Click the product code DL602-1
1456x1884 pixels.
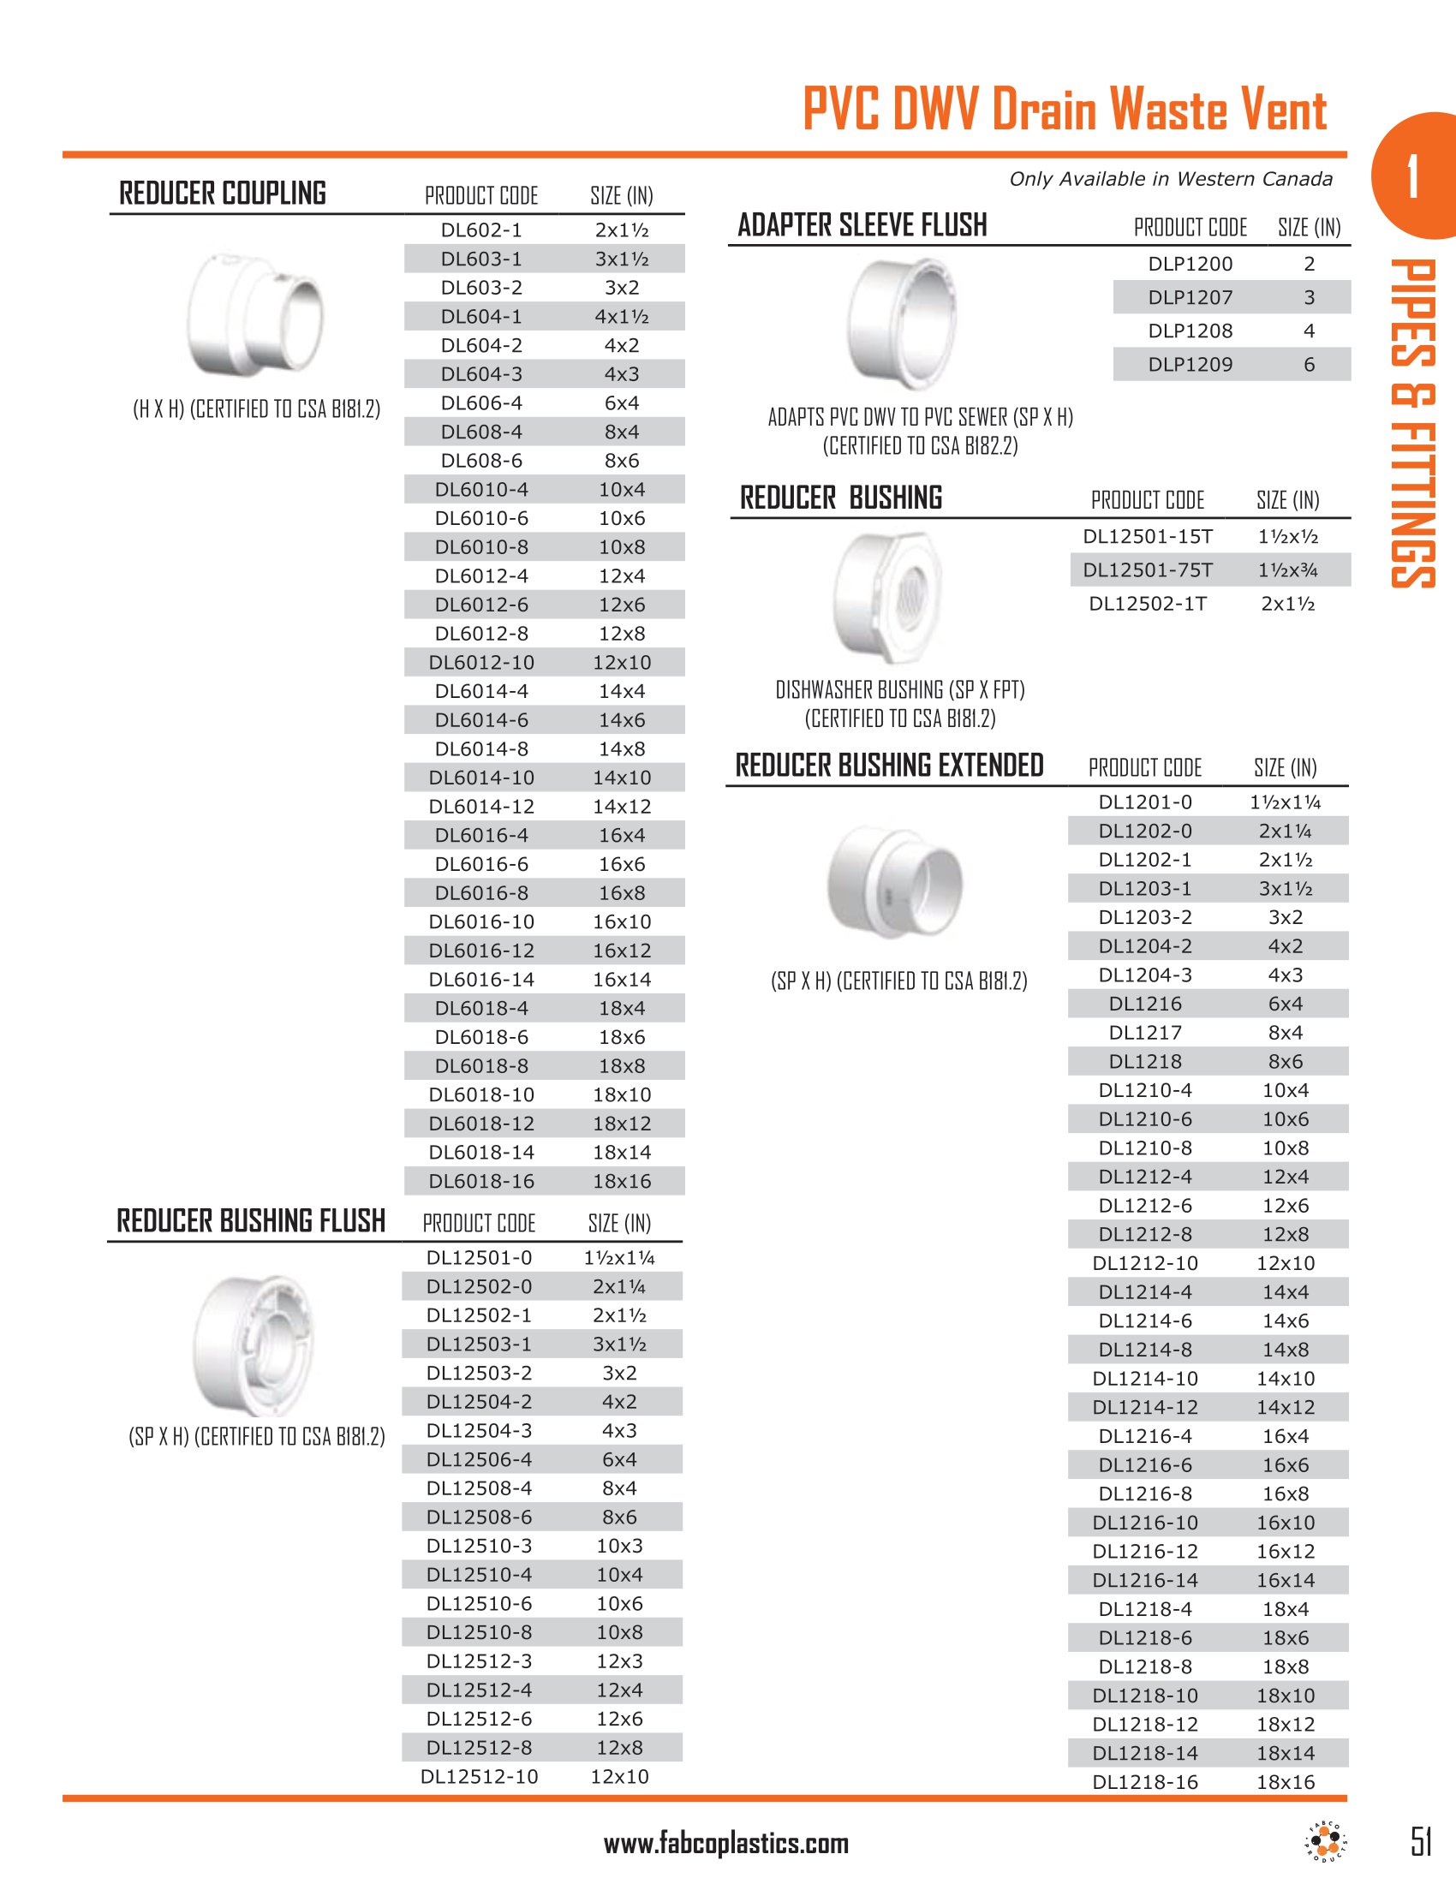pyautogui.click(x=481, y=230)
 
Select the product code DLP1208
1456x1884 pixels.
pyautogui.click(x=1190, y=331)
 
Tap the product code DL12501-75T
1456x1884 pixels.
pyautogui.click(x=1147, y=570)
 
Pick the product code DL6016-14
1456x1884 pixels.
pyautogui.click(x=481, y=980)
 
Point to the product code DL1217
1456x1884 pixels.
pyautogui.click(x=1145, y=1033)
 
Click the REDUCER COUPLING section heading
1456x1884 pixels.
pyautogui.click(x=223, y=194)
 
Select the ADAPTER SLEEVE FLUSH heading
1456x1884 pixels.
pyautogui.click(x=862, y=226)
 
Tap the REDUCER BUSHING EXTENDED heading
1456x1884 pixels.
pyautogui.click(x=889, y=766)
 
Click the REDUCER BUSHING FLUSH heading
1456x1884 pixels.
pyautogui.click(x=251, y=1221)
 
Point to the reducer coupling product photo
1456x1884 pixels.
pyautogui.click(x=255, y=314)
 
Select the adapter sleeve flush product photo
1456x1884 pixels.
pyautogui.click(x=902, y=324)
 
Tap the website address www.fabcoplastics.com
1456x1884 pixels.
pyautogui.click(x=726, y=1845)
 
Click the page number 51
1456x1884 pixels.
pyautogui.click(x=1421, y=1842)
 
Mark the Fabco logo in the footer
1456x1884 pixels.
pyautogui.click(x=1326, y=1843)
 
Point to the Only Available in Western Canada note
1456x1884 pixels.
pyautogui.click(x=1171, y=180)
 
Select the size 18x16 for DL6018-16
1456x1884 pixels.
pyautogui.click(x=621, y=1182)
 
